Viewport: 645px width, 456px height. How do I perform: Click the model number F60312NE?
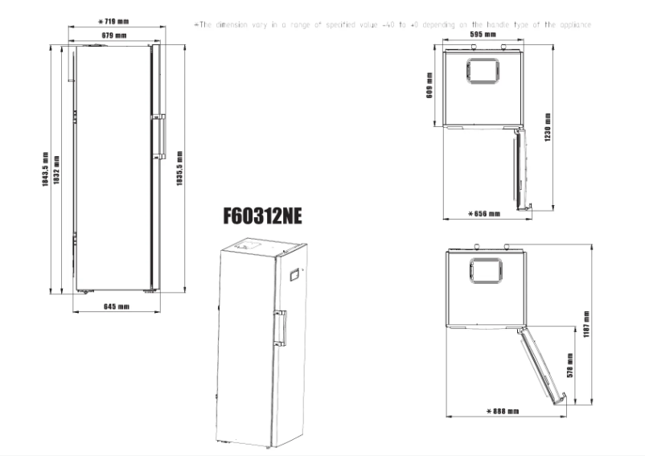click(261, 216)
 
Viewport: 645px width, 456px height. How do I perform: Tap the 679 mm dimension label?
click(113, 36)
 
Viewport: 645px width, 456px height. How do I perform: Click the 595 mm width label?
click(483, 35)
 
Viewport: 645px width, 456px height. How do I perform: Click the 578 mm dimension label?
click(570, 366)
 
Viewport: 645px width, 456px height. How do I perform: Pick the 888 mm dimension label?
click(503, 411)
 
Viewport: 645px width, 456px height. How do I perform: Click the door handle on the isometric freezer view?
click(281, 325)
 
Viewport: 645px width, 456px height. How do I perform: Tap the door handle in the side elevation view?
click(160, 136)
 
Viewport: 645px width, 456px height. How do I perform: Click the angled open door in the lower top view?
click(542, 361)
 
